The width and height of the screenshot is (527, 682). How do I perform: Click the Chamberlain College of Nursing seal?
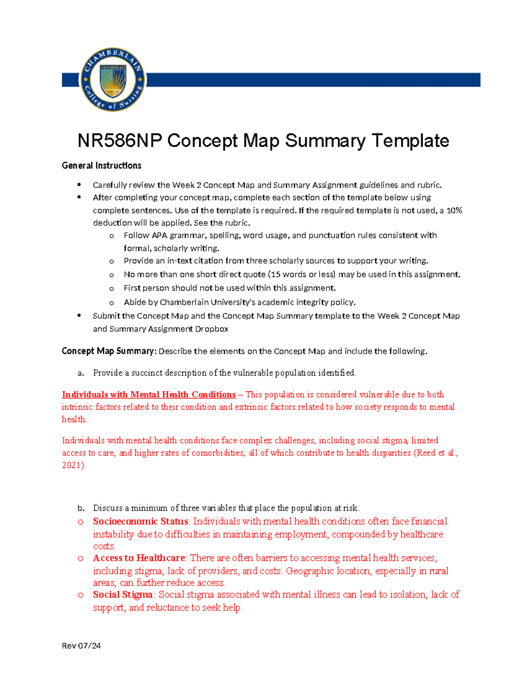pyautogui.click(x=113, y=79)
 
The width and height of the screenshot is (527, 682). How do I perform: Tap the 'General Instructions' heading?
pyautogui.click(x=101, y=166)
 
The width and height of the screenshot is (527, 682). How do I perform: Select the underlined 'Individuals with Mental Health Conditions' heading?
pyautogui.click(x=149, y=394)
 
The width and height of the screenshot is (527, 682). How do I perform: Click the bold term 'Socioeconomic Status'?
pyautogui.click(x=141, y=521)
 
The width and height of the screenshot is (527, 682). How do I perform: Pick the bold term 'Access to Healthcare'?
pyautogui.click(x=139, y=558)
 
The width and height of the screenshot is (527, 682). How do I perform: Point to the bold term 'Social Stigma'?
pyautogui.click(x=123, y=595)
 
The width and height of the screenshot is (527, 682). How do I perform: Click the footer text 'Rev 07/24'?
pyautogui.click(x=81, y=646)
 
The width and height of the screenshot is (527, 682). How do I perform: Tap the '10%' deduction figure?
pyautogui.click(x=454, y=210)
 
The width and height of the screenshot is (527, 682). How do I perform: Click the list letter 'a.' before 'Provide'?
pyautogui.click(x=81, y=373)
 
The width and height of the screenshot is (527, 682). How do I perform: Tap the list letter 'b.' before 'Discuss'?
pyautogui.click(x=81, y=508)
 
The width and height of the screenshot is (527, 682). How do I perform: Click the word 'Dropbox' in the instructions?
pyautogui.click(x=212, y=329)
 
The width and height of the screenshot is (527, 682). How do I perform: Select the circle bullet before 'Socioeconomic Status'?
pyautogui.click(x=80, y=522)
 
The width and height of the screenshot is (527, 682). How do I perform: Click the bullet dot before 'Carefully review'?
pyautogui.click(x=79, y=184)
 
